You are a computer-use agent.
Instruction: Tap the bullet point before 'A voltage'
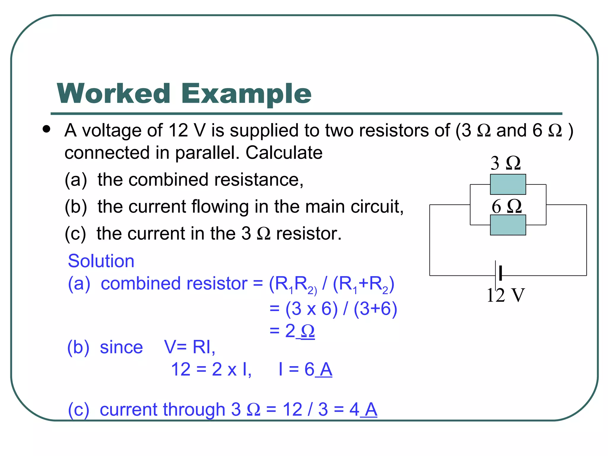(x=46, y=129)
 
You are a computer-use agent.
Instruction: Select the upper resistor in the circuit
(x=508, y=184)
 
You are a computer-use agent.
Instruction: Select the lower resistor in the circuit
(x=508, y=225)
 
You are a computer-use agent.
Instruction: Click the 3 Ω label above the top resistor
(x=505, y=163)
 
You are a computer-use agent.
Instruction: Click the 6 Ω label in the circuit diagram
(x=506, y=206)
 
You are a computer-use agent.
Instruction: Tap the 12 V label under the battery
(x=505, y=295)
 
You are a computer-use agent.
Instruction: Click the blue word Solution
(x=101, y=261)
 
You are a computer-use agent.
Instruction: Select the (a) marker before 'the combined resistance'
(x=76, y=180)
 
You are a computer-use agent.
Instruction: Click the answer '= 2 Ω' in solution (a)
(x=292, y=331)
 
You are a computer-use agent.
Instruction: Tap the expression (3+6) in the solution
(x=375, y=309)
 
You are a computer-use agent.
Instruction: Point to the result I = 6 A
(x=305, y=370)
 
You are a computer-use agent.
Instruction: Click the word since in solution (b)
(x=121, y=347)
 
